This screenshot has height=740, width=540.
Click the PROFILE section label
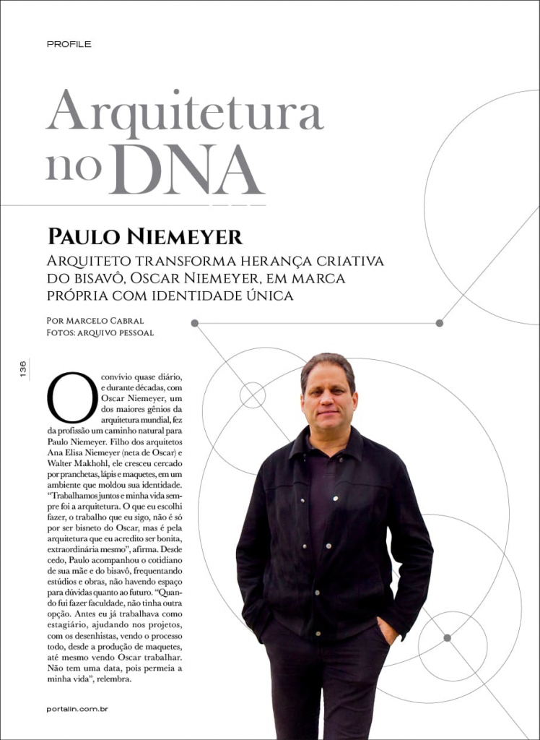click(69, 44)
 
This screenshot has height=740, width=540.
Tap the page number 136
click(23, 369)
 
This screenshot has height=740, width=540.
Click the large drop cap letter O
click(71, 397)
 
